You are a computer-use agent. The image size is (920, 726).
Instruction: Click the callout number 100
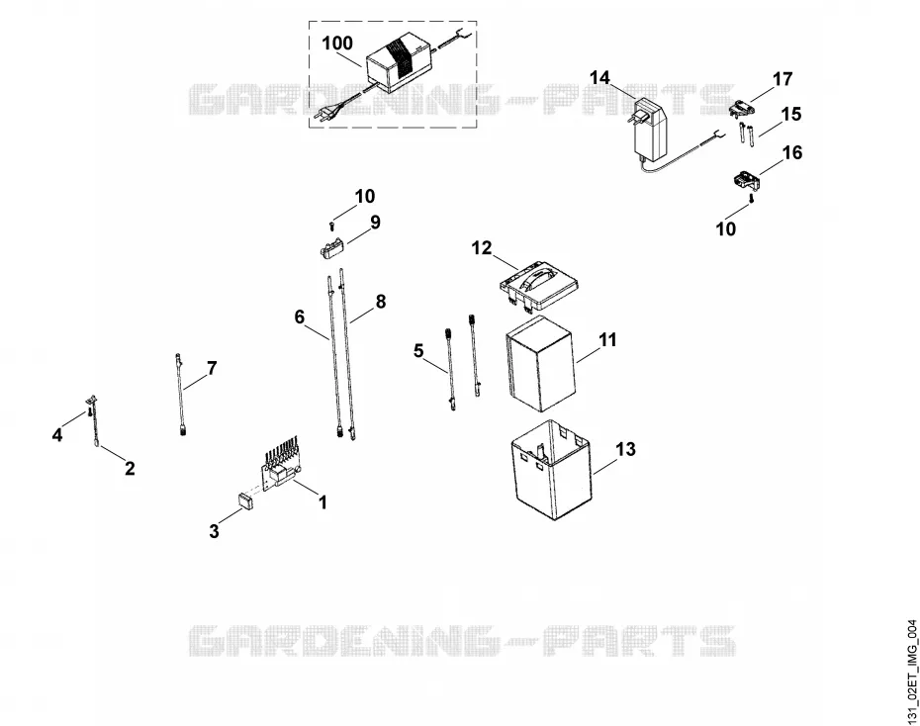(x=337, y=43)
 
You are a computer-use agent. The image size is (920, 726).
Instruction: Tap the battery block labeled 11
(x=538, y=364)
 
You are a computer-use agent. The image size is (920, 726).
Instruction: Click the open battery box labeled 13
(x=552, y=470)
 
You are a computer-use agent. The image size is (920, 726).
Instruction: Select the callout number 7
(x=212, y=368)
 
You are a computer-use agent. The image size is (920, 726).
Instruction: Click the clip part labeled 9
(x=331, y=248)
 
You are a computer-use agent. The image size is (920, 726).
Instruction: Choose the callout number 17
(x=782, y=78)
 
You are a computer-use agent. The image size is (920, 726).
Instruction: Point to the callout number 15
(x=791, y=114)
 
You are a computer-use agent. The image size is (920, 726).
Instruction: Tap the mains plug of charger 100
(x=323, y=114)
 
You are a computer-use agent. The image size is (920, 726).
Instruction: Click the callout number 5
(x=418, y=351)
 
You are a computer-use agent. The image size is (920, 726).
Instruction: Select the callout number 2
(x=130, y=468)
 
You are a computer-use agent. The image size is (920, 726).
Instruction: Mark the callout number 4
(x=57, y=435)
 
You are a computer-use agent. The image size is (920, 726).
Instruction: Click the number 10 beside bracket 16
(x=726, y=228)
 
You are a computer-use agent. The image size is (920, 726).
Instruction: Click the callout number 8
(x=381, y=302)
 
